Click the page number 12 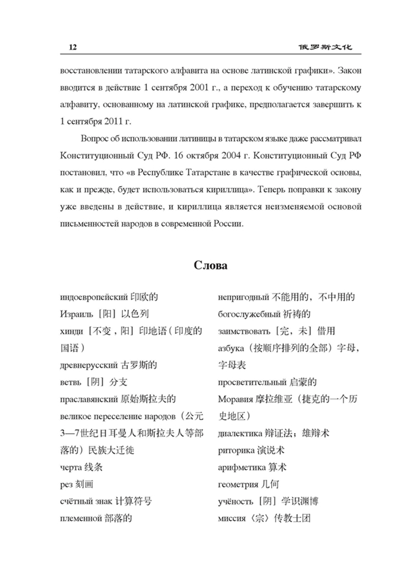(x=73, y=47)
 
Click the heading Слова (x=210, y=265)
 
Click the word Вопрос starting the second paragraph (x=95, y=139)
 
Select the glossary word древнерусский (x=89, y=366)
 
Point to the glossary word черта (x=71, y=468)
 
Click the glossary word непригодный (x=243, y=297)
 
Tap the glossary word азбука (x=231, y=349)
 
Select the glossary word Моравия (x=234, y=399)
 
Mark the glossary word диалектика (x=240, y=434)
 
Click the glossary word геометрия (x=238, y=485)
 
